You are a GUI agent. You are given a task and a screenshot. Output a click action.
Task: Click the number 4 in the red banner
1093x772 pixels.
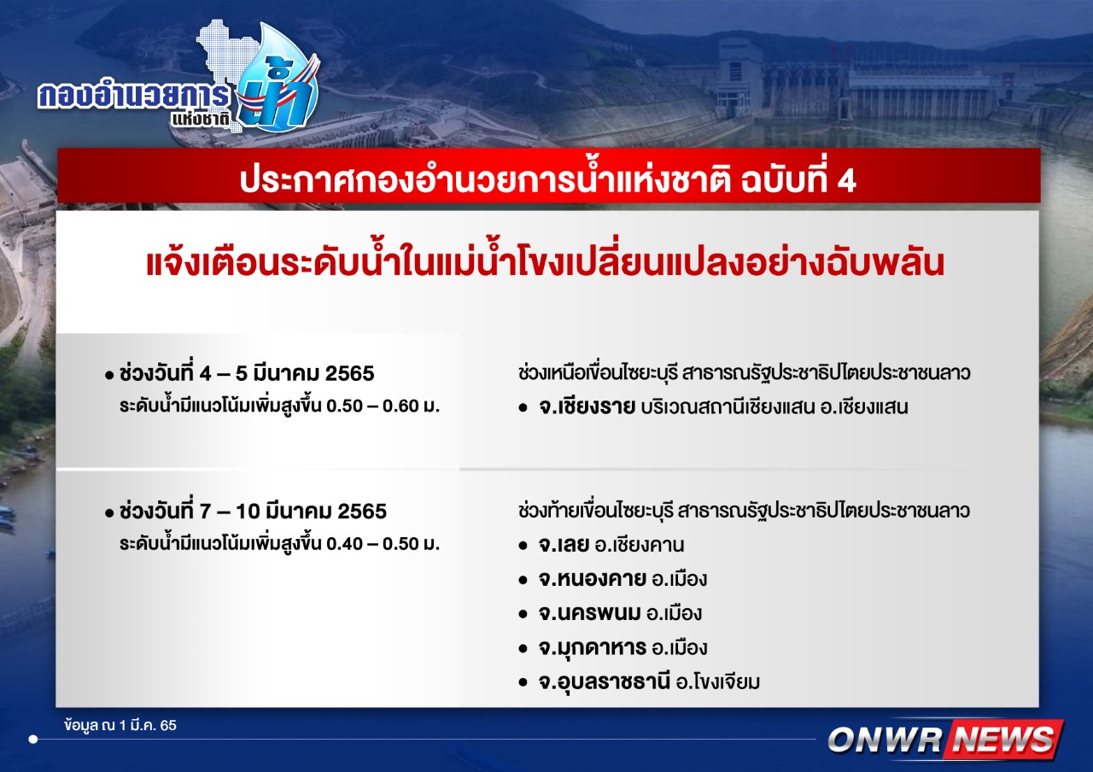(846, 181)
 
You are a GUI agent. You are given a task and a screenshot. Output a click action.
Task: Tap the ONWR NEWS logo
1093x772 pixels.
(944, 739)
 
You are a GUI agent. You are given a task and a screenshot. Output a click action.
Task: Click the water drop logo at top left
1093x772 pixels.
(279, 77)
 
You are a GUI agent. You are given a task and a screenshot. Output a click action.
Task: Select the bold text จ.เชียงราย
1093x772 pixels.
(587, 406)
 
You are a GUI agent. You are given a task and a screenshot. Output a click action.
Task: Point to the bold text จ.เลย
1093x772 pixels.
(564, 544)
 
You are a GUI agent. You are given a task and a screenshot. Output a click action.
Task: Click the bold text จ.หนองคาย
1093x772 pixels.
(592, 579)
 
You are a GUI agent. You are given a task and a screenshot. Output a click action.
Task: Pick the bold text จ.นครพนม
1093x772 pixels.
(589, 613)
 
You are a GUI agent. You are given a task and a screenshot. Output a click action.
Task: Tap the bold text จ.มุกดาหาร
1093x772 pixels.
(593, 647)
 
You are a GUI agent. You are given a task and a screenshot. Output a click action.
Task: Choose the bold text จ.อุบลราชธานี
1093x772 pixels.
(604, 681)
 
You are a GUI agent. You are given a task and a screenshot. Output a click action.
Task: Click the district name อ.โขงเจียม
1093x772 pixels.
(718, 682)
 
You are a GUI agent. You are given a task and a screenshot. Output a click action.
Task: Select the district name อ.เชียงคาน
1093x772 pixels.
(640, 545)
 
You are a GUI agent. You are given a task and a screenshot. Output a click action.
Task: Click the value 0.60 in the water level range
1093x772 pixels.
(400, 406)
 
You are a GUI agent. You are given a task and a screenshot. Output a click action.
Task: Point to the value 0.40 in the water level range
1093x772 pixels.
(345, 544)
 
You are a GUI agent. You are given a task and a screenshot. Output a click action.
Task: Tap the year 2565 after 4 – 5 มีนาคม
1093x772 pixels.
(349, 373)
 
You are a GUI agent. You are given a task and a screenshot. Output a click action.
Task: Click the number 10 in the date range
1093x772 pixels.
(248, 512)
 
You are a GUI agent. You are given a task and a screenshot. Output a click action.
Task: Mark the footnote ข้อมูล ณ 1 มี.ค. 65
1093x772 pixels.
(120, 726)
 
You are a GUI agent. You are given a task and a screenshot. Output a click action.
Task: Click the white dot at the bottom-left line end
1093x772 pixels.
(33, 740)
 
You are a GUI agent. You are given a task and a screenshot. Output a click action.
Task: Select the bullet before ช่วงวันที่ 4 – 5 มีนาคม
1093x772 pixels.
(108, 375)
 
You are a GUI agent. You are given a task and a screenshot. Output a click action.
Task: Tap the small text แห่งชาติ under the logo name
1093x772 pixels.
(201, 120)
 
